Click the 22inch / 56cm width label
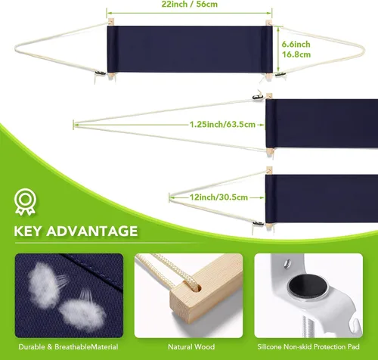190,4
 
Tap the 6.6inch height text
296,44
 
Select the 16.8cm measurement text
296,54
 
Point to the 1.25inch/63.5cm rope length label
222,124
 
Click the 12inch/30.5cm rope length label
218,197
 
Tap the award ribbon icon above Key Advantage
25,202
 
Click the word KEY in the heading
27,231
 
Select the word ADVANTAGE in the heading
92,231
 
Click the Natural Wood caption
191,346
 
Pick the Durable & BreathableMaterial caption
68,346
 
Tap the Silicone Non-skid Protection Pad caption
308,346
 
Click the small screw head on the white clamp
287,263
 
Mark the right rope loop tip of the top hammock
364,50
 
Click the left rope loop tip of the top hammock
16,48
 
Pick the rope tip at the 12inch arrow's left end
170,197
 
